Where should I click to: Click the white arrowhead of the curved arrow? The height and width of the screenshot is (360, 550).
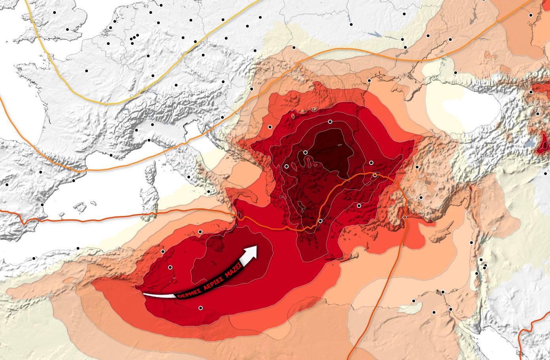pyautogui.click(x=251, y=252)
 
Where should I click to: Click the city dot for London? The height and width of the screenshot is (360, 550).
pyautogui.click(x=68, y=29)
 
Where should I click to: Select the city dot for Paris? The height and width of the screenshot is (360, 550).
pyautogui.click(x=86, y=71)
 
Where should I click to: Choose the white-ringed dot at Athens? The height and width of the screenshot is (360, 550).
pyautogui.click(x=320, y=221)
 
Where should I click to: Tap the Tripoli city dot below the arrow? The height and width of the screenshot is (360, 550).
pyautogui.click(x=200, y=307)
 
